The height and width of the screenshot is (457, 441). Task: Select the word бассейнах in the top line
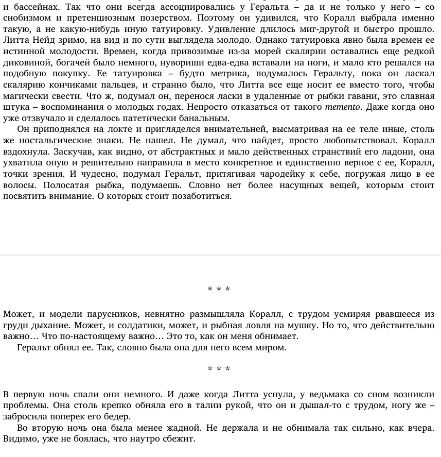pos(36,7)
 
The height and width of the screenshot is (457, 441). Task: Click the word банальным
pos(204,119)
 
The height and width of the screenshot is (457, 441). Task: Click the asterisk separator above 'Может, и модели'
pos(219,290)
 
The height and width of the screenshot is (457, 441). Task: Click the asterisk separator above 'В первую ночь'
pos(219,369)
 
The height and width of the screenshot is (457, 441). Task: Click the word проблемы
pos(23,405)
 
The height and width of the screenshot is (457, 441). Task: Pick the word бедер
pos(118,417)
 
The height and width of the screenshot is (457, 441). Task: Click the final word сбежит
pos(180,439)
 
